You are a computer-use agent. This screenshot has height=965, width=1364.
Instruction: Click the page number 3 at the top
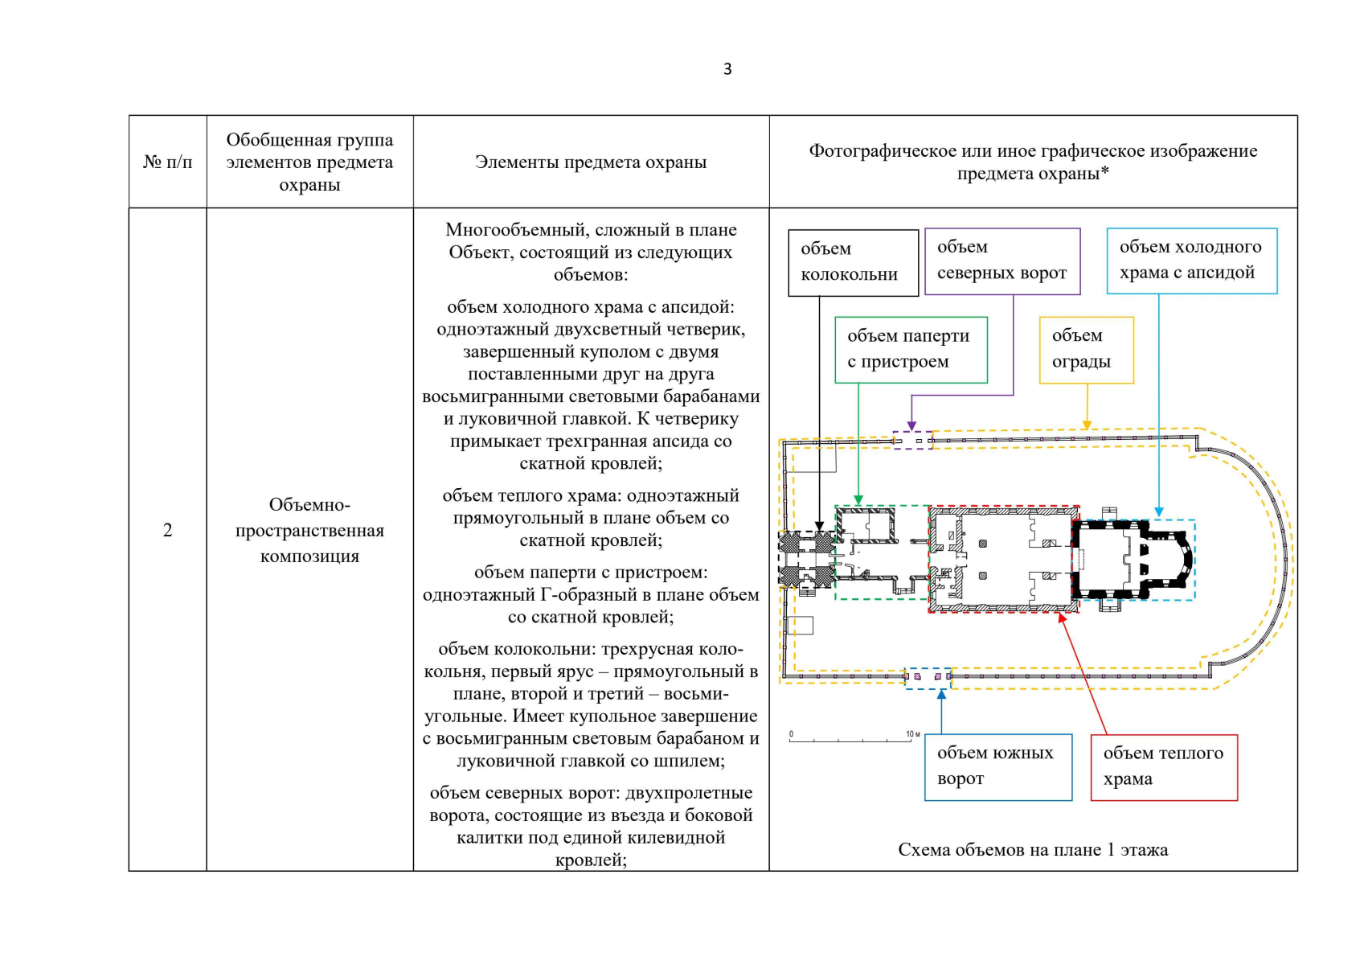click(727, 69)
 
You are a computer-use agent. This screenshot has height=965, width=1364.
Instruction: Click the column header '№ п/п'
click(167, 162)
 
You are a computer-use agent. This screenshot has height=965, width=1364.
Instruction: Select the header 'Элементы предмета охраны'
click(591, 162)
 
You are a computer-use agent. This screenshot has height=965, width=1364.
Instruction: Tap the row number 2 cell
click(167, 530)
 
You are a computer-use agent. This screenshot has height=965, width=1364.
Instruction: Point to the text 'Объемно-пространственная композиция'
click(309, 530)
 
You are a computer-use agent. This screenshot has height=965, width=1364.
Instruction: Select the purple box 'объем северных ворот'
click(1001, 261)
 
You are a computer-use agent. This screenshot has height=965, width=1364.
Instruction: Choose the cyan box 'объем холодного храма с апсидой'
click(1191, 260)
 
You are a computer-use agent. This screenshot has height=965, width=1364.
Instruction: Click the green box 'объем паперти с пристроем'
click(910, 349)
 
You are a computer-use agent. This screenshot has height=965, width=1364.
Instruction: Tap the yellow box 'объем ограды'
click(1086, 349)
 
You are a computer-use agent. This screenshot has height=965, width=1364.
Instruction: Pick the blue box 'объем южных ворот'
click(997, 766)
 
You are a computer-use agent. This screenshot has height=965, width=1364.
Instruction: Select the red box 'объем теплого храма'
click(1163, 766)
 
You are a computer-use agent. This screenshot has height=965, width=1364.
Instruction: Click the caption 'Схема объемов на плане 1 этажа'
click(1033, 850)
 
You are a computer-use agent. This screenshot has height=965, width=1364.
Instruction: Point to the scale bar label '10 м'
click(913, 734)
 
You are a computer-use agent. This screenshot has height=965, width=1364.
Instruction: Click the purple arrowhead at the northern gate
click(911, 426)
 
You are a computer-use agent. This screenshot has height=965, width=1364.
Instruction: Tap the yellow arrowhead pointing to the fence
click(1087, 425)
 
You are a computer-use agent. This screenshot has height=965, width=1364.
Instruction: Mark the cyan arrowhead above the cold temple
click(1158, 512)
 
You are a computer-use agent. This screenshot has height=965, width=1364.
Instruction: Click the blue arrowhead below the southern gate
click(941, 695)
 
